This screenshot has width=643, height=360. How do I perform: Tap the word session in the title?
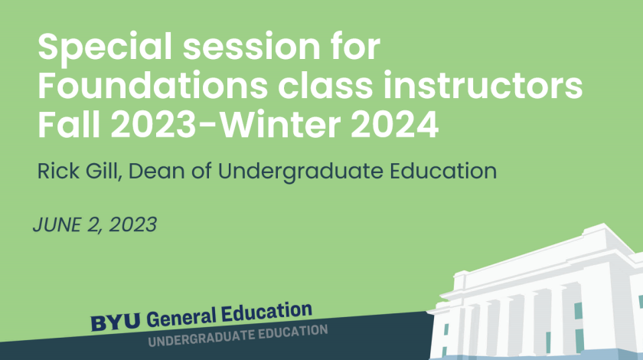coord(251,47)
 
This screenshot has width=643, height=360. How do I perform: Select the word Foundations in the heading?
coord(152,85)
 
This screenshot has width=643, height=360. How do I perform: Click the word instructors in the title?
coord(483,85)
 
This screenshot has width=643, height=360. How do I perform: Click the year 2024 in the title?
coord(395,124)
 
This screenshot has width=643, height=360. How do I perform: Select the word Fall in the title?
coord(69,124)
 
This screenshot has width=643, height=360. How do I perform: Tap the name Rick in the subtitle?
coord(58,171)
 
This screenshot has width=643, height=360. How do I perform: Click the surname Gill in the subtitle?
coord(104,171)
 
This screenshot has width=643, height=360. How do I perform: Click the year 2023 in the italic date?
coord(133,225)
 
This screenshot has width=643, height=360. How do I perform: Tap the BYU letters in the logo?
coord(116,322)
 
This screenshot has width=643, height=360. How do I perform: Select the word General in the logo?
coord(181,317)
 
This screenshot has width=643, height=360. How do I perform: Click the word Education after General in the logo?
coord(267,312)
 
